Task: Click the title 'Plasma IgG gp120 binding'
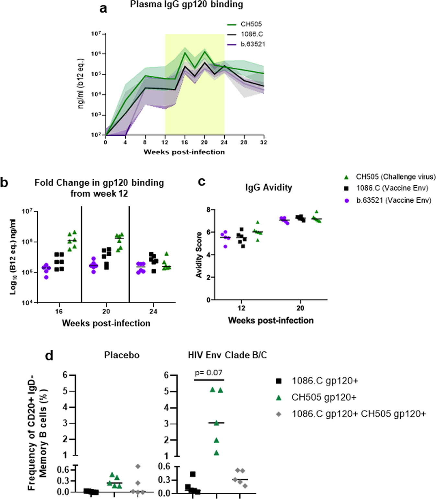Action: pos(186,5)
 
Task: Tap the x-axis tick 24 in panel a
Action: pos(224,142)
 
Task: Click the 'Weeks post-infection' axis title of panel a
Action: pos(184,152)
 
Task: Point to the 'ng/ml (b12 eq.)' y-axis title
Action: pos(81,83)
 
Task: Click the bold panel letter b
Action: pos(4,183)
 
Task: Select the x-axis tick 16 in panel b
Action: pos(59,311)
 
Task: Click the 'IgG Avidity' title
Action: pos(269,188)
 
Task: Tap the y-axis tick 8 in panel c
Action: pos(208,210)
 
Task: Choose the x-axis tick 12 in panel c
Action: pos(241,308)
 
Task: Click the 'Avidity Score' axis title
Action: pos(199,255)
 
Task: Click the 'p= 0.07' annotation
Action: pos(209,373)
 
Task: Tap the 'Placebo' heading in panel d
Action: pos(122,355)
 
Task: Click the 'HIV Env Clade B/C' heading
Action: pos(227,355)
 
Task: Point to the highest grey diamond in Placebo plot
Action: pos(138,466)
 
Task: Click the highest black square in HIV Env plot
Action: pos(193,474)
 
